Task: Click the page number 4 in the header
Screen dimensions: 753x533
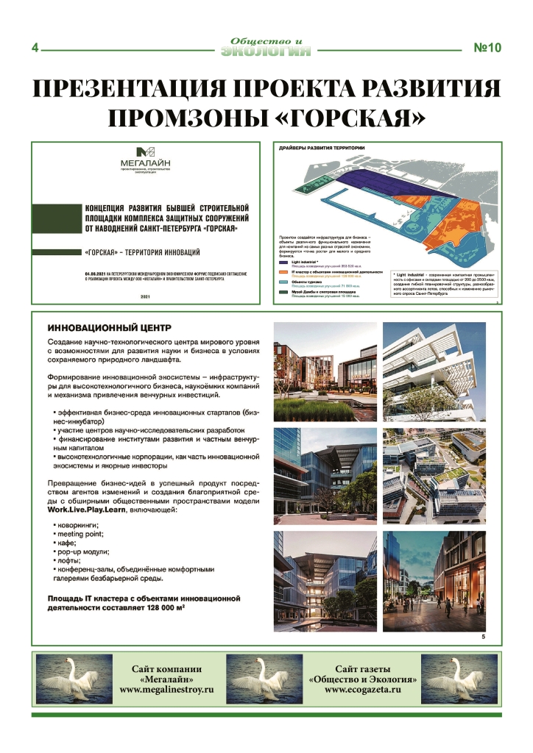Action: (35, 49)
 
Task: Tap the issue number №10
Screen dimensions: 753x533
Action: (487, 49)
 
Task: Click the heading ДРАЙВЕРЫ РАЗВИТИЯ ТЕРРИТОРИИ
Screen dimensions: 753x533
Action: (322, 148)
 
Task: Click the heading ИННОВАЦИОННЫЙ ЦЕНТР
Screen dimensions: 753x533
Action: (110, 327)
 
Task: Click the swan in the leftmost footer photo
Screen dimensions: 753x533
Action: (71, 677)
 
